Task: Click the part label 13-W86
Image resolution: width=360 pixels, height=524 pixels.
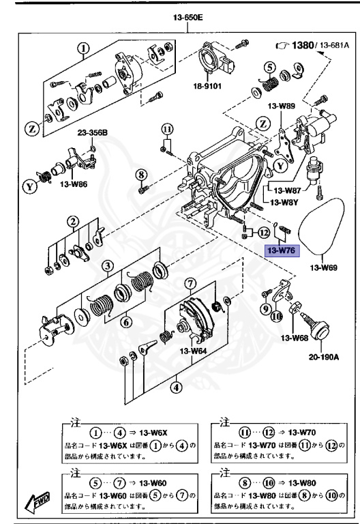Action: click(x=75, y=184)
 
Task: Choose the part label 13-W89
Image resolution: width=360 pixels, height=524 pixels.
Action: click(x=280, y=106)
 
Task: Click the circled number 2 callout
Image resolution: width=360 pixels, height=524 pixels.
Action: click(x=71, y=220)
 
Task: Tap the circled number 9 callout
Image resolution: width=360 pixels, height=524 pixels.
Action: click(x=264, y=309)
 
